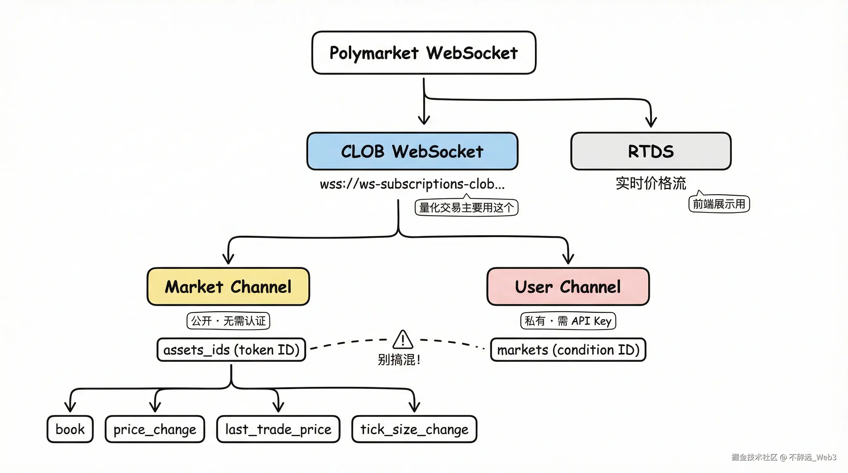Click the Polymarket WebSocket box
coord(424,53)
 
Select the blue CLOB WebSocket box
coord(412,151)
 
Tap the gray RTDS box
coord(651,151)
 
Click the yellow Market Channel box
coord(228,286)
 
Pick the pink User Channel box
coord(568,286)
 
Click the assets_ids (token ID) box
coord(231,350)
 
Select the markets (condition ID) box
coord(568,350)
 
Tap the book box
coord(70,429)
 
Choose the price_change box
coord(155,429)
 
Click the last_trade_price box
coord(278,429)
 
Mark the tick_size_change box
coord(414,429)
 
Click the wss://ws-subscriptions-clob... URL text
coord(412,184)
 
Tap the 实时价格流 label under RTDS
coord(651,183)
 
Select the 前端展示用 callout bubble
coord(719,204)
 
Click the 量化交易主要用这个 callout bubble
coord(466,208)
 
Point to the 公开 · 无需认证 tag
coord(228,321)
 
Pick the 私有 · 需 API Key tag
coord(568,321)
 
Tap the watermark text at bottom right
coord(784,457)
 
